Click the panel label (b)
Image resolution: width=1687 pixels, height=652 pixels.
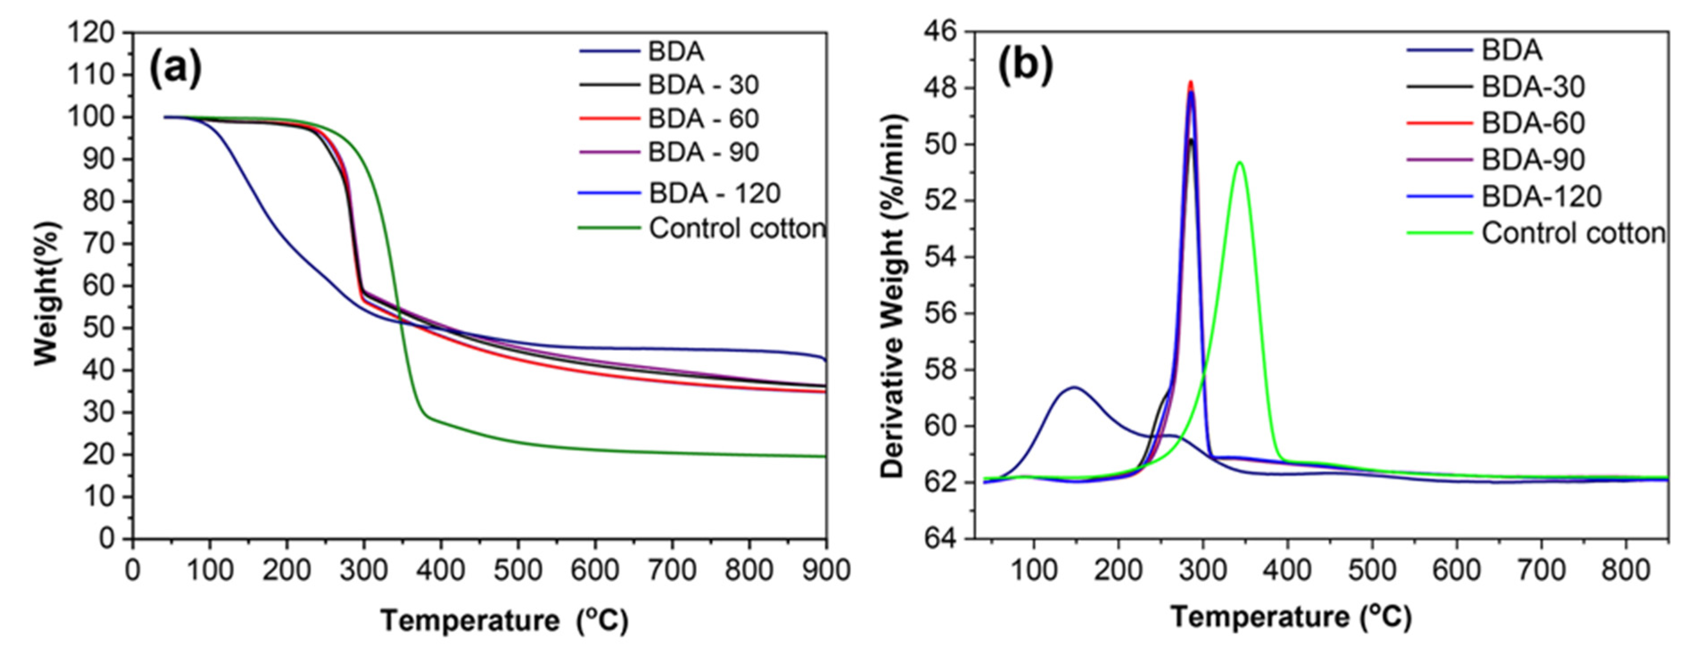click(x=1025, y=67)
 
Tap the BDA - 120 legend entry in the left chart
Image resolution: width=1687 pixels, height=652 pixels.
click(x=715, y=193)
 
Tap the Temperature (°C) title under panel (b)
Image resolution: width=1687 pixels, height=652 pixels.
click(x=1290, y=617)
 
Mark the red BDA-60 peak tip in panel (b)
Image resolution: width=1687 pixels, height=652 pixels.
click(x=1191, y=82)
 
